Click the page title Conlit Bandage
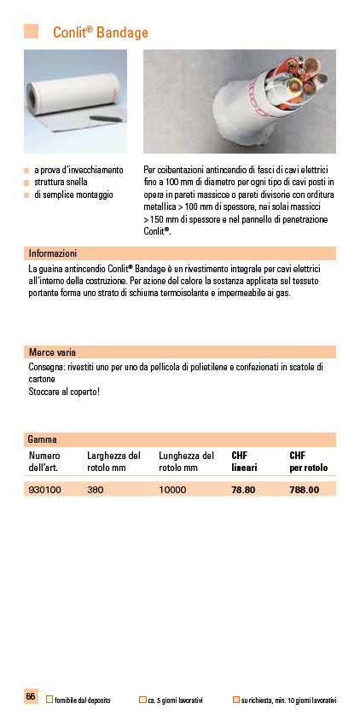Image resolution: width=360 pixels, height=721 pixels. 101,32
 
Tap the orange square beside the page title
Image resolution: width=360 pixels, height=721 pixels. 32,32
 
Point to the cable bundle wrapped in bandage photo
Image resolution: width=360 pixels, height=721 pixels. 239,101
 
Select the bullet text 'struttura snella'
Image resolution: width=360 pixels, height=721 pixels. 61,183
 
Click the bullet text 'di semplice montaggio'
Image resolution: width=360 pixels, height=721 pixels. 73,195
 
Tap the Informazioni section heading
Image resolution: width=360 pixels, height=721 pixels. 53,253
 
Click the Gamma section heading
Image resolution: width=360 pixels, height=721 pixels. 42,439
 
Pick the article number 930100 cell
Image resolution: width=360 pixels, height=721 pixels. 45,490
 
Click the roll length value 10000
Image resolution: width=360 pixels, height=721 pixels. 173,490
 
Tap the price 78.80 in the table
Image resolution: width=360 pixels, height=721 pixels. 244,490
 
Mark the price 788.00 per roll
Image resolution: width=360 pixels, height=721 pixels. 305,490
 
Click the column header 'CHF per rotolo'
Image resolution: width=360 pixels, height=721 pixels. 309,462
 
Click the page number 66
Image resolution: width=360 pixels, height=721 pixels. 31,697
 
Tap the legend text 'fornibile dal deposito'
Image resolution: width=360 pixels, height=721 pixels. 83,700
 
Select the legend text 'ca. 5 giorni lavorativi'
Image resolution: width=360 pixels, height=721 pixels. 175,700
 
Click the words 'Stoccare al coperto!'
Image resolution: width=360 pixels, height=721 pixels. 64,392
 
